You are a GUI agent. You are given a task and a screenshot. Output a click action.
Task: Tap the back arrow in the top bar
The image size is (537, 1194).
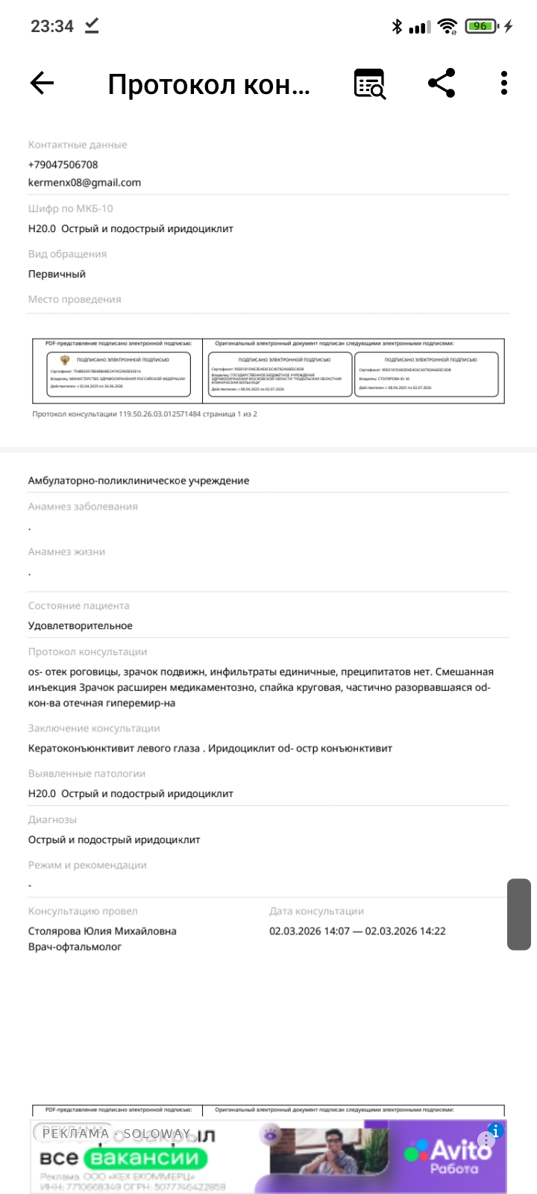(x=43, y=83)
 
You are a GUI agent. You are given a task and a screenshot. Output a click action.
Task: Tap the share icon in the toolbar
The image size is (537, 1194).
(x=442, y=83)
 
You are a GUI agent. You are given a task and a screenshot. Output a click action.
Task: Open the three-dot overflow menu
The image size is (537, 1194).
(x=504, y=83)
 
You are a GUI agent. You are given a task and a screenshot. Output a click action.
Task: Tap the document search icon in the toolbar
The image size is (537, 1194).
(x=369, y=84)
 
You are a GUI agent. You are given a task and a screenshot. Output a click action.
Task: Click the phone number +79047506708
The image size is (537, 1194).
(x=63, y=164)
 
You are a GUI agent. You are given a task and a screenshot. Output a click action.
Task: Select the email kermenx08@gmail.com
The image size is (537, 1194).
(x=84, y=182)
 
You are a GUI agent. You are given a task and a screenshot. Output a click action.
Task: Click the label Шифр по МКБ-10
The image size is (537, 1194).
(x=71, y=208)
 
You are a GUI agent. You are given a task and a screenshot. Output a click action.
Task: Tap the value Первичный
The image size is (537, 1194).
(x=57, y=274)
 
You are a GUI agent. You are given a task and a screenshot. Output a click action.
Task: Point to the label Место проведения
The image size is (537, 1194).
(x=75, y=299)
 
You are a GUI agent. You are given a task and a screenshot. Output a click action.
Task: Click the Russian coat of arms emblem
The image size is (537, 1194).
(x=65, y=360)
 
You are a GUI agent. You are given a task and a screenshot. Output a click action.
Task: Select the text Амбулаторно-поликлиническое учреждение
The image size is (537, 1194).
(x=139, y=481)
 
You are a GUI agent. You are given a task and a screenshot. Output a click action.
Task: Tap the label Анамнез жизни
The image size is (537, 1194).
(x=66, y=551)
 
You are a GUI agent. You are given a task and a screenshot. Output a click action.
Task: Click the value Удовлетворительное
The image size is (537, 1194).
(x=81, y=625)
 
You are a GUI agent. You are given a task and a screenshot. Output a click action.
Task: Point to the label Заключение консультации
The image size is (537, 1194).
(x=94, y=728)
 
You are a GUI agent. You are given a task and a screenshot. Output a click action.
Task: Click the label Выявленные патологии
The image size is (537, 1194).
(x=87, y=774)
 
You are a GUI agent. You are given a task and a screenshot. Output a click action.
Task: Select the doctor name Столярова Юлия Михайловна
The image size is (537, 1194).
(x=102, y=931)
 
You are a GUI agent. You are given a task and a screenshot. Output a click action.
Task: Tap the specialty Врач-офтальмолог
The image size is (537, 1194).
(x=75, y=947)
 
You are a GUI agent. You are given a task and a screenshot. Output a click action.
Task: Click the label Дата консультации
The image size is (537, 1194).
(x=316, y=911)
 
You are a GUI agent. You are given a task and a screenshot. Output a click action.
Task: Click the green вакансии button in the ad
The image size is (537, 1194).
(x=145, y=1158)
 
